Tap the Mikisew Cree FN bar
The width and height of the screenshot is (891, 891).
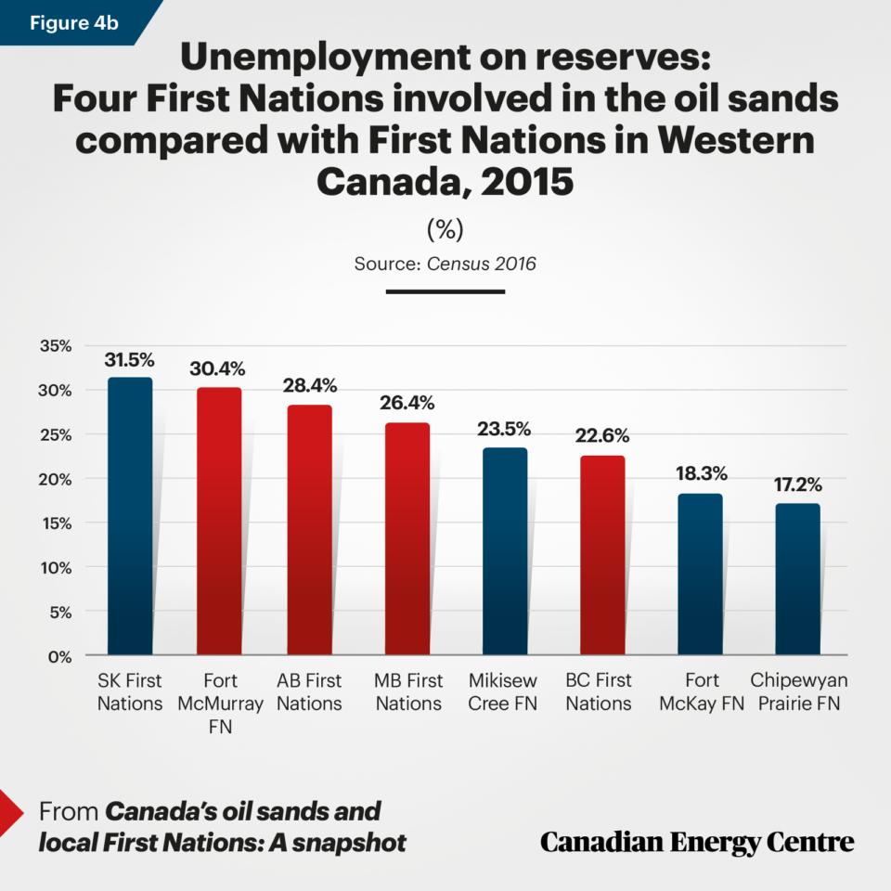505,551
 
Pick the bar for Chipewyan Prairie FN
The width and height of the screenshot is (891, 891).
797,579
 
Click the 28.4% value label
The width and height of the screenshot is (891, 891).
310,385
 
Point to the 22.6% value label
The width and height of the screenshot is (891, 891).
602,435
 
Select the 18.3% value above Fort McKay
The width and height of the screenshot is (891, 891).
700,473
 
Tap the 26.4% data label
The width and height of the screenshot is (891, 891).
407,403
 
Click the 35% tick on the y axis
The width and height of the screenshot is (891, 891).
55,346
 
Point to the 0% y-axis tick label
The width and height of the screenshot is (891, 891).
59,656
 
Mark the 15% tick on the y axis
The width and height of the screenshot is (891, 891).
55,523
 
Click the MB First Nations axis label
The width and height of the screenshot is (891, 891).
408,692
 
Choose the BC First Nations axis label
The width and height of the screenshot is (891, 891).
599,692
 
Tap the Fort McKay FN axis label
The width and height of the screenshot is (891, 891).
701,692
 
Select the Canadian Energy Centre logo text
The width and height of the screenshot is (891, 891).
697,842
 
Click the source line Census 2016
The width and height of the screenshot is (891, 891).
445,264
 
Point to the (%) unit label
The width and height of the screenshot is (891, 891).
445,228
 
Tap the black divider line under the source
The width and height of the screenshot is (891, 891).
445,291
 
